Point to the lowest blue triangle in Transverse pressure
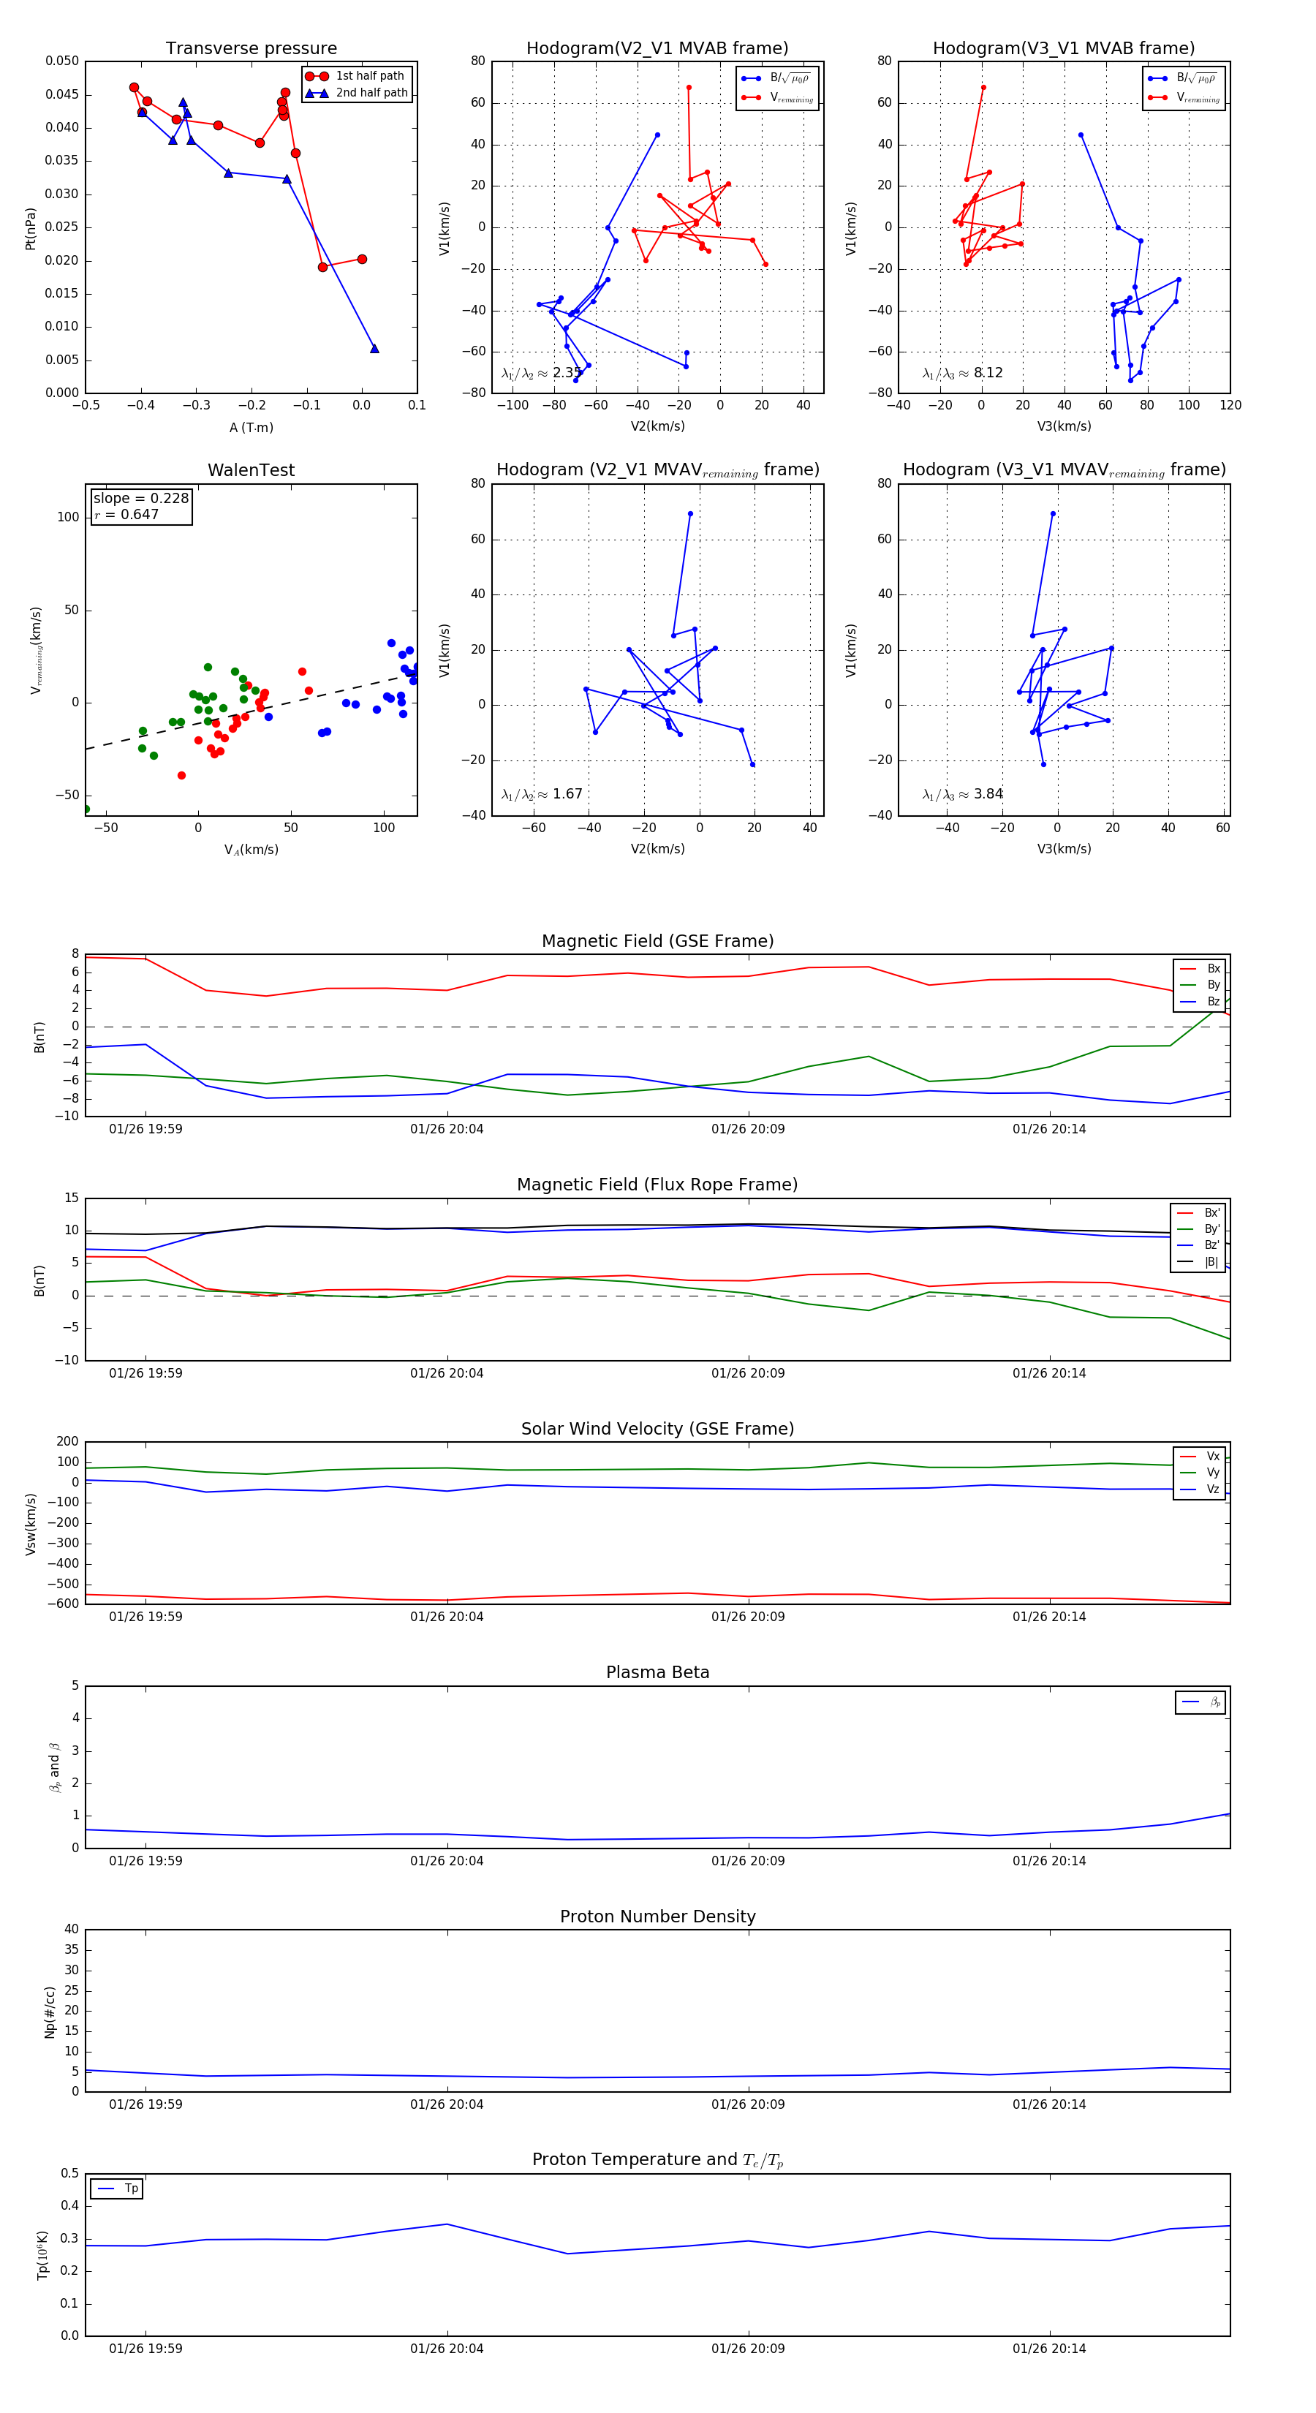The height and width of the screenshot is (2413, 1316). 374,349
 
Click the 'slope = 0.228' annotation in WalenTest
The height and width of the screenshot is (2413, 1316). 140,499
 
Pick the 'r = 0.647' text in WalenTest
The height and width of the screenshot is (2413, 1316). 126,514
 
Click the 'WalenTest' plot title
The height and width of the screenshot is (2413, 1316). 251,470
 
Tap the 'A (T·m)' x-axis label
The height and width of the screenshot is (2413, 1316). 251,427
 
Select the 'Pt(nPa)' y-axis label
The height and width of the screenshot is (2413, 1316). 30,227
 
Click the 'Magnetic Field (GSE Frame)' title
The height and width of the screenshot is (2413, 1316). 657,941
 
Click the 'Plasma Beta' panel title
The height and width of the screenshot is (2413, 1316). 657,1673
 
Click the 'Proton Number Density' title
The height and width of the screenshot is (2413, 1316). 657,1917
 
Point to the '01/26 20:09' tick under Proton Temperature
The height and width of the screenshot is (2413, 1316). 747,2349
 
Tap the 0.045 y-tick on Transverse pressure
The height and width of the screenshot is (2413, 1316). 62,94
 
